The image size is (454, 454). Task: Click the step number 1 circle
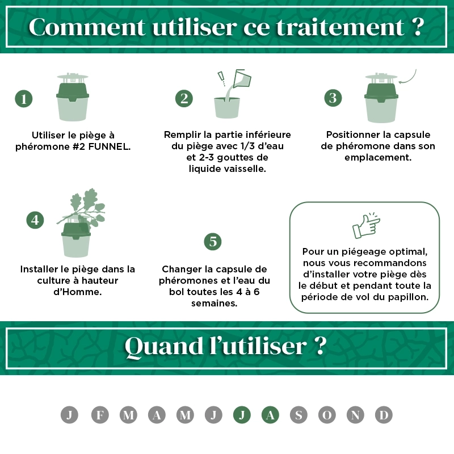click(x=24, y=99)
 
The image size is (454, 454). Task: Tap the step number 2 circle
click(x=184, y=98)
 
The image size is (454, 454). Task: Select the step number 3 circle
click(x=333, y=98)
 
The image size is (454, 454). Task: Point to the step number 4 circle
click(x=35, y=220)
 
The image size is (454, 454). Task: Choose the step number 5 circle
click(x=213, y=242)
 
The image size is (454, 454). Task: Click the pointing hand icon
click(x=366, y=225)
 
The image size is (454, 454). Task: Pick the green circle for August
click(x=270, y=415)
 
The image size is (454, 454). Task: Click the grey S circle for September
click(x=299, y=415)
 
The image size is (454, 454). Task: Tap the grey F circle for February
click(x=100, y=415)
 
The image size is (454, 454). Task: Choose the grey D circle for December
click(x=384, y=415)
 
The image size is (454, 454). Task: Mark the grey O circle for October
click(x=327, y=415)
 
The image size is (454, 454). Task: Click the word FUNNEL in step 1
click(x=109, y=147)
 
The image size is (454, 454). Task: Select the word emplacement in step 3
click(x=378, y=158)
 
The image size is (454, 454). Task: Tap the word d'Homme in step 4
click(x=78, y=292)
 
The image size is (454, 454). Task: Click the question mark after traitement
click(x=418, y=27)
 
